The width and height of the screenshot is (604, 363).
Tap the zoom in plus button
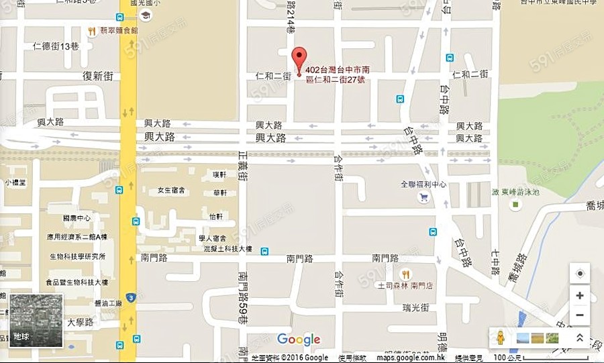580,295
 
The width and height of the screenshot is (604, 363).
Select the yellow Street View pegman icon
500,338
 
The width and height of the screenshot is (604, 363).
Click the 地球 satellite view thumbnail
36,320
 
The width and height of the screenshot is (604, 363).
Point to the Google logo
299,340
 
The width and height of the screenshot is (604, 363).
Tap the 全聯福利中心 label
423,184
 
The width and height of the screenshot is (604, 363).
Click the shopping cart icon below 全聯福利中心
423,197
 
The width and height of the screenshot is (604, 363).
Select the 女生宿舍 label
171,191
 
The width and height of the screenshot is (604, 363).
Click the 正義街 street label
243,167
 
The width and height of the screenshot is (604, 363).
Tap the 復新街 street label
97,76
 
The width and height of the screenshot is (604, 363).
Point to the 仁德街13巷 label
56,46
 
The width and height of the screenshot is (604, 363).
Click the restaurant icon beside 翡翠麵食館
92,31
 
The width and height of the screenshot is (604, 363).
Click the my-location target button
580,274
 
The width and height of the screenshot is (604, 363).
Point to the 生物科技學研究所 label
77,257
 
